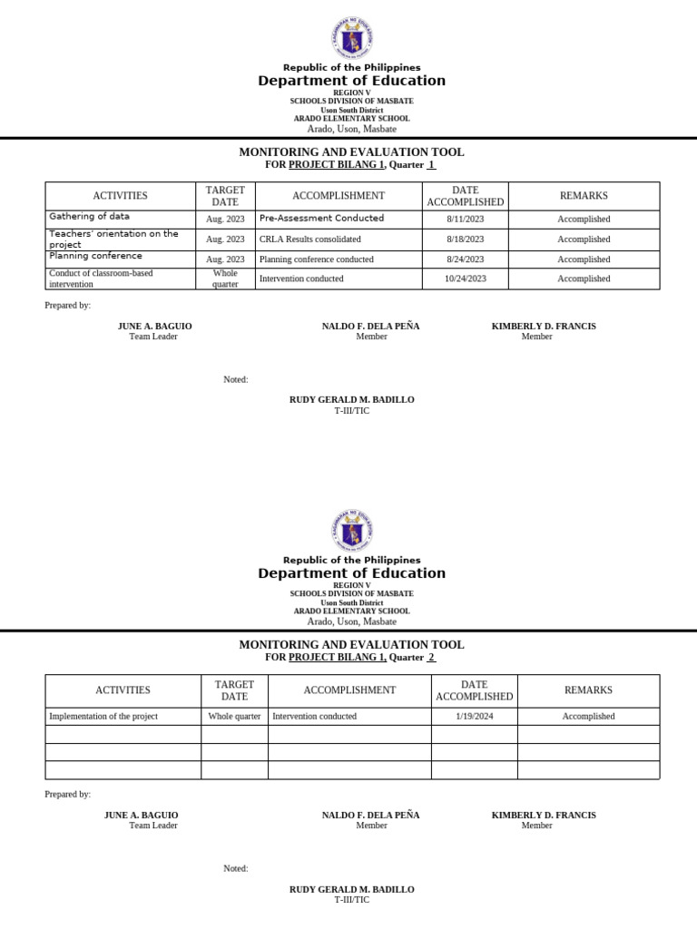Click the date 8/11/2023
pos(465,220)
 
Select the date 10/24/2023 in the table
pos(465,279)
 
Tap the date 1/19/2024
pos(474,717)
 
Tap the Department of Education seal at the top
pos(351,39)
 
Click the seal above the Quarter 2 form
pos(351,532)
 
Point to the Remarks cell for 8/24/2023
pos(584,259)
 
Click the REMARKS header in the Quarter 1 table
pos(584,196)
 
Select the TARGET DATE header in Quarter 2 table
pos(234,690)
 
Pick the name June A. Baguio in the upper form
pos(154,326)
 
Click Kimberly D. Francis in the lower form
pos(544,815)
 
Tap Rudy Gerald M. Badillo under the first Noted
pos(351,400)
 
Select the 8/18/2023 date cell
pos(465,240)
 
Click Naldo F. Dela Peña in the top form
pos(370,326)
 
